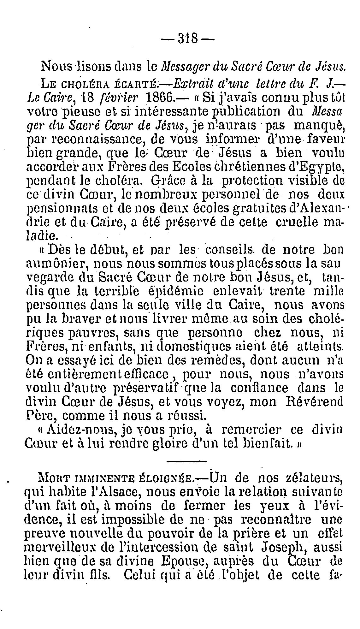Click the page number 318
(187, 39)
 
